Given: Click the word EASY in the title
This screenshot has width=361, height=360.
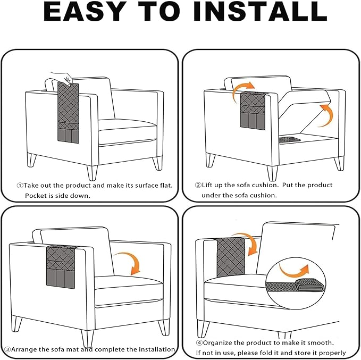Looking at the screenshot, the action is pos(83,12).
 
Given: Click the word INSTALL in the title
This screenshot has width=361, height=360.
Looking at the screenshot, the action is pos(261,12).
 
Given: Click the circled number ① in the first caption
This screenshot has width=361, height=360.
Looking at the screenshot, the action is pos(20,186).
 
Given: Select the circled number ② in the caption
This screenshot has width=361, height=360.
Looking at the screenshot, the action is pos(198,185).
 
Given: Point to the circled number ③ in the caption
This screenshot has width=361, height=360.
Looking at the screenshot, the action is pos(7,349).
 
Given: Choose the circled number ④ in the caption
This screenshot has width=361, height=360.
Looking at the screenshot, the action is pos(199,343).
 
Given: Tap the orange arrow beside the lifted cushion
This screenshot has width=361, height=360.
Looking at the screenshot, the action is pos(326,115).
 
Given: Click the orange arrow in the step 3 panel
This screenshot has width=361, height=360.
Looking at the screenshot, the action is pos(131,260).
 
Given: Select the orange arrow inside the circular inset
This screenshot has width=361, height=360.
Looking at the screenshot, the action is pos(293,272).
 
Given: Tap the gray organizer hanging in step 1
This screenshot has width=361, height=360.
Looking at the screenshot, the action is pos(68,112).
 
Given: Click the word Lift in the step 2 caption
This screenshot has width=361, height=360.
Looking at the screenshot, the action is pos(207,185).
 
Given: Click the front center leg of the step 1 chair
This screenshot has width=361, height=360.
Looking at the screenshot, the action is pos(92,173).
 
